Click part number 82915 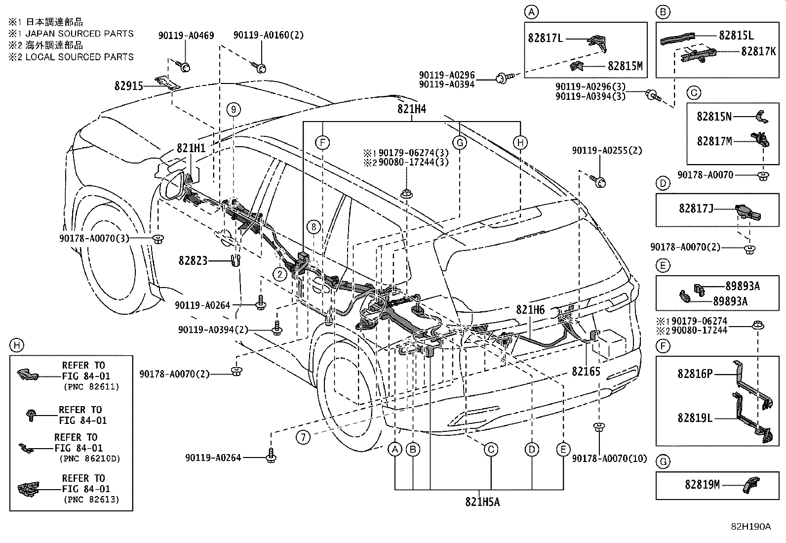tap(129, 86)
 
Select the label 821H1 tap(191, 148)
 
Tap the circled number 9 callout tap(234, 110)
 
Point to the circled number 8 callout tap(314, 227)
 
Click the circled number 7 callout tap(303, 437)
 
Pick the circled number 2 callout tap(279, 274)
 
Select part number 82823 tap(193, 260)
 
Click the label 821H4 tap(412, 109)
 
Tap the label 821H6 tap(530, 309)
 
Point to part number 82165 tap(586, 371)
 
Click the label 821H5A tap(482, 502)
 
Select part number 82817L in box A tap(545, 38)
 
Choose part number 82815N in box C tap(714, 116)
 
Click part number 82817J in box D tap(696, 209)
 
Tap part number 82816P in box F tap(695, 374)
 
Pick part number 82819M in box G tap(702, 485)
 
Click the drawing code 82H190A tap(751, 527)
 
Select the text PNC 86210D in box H tap(90, 459)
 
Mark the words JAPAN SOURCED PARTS tap(79, 34)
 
